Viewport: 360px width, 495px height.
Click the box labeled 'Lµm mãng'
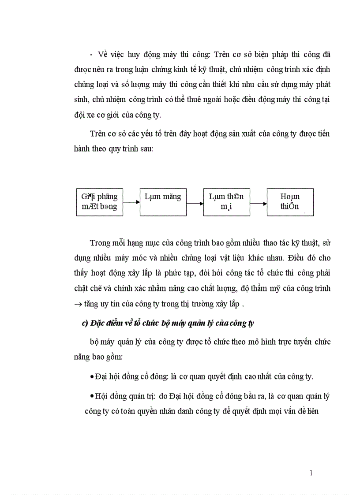pos(163,202)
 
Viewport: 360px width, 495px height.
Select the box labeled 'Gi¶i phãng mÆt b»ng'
pos(100,202)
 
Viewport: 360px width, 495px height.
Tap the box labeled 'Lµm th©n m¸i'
pos(226,202)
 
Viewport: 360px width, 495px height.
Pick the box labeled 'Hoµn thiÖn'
pos(290,202)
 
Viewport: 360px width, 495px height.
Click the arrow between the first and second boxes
pos(131,204)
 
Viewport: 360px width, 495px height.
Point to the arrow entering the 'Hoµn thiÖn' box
pos(258,204)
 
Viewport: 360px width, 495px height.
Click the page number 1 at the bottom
pos(311,473)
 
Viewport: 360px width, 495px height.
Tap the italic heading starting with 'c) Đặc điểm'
pos(168,323)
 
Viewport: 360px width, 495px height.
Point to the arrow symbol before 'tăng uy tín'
pos(79,304)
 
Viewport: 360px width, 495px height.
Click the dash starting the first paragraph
pos(91,55)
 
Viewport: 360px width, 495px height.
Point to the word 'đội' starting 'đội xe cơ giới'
pos(79,115)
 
